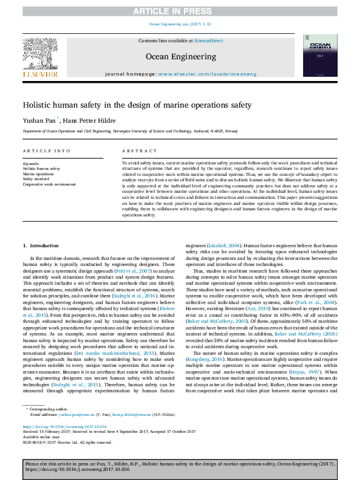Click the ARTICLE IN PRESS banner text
click(x=180, y=10)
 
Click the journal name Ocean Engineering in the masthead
click(x=180, y=56)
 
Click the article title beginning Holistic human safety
click(x=128, y=105)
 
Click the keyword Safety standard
click(x=38, y=179)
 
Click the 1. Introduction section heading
click(x=41, y=245)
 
